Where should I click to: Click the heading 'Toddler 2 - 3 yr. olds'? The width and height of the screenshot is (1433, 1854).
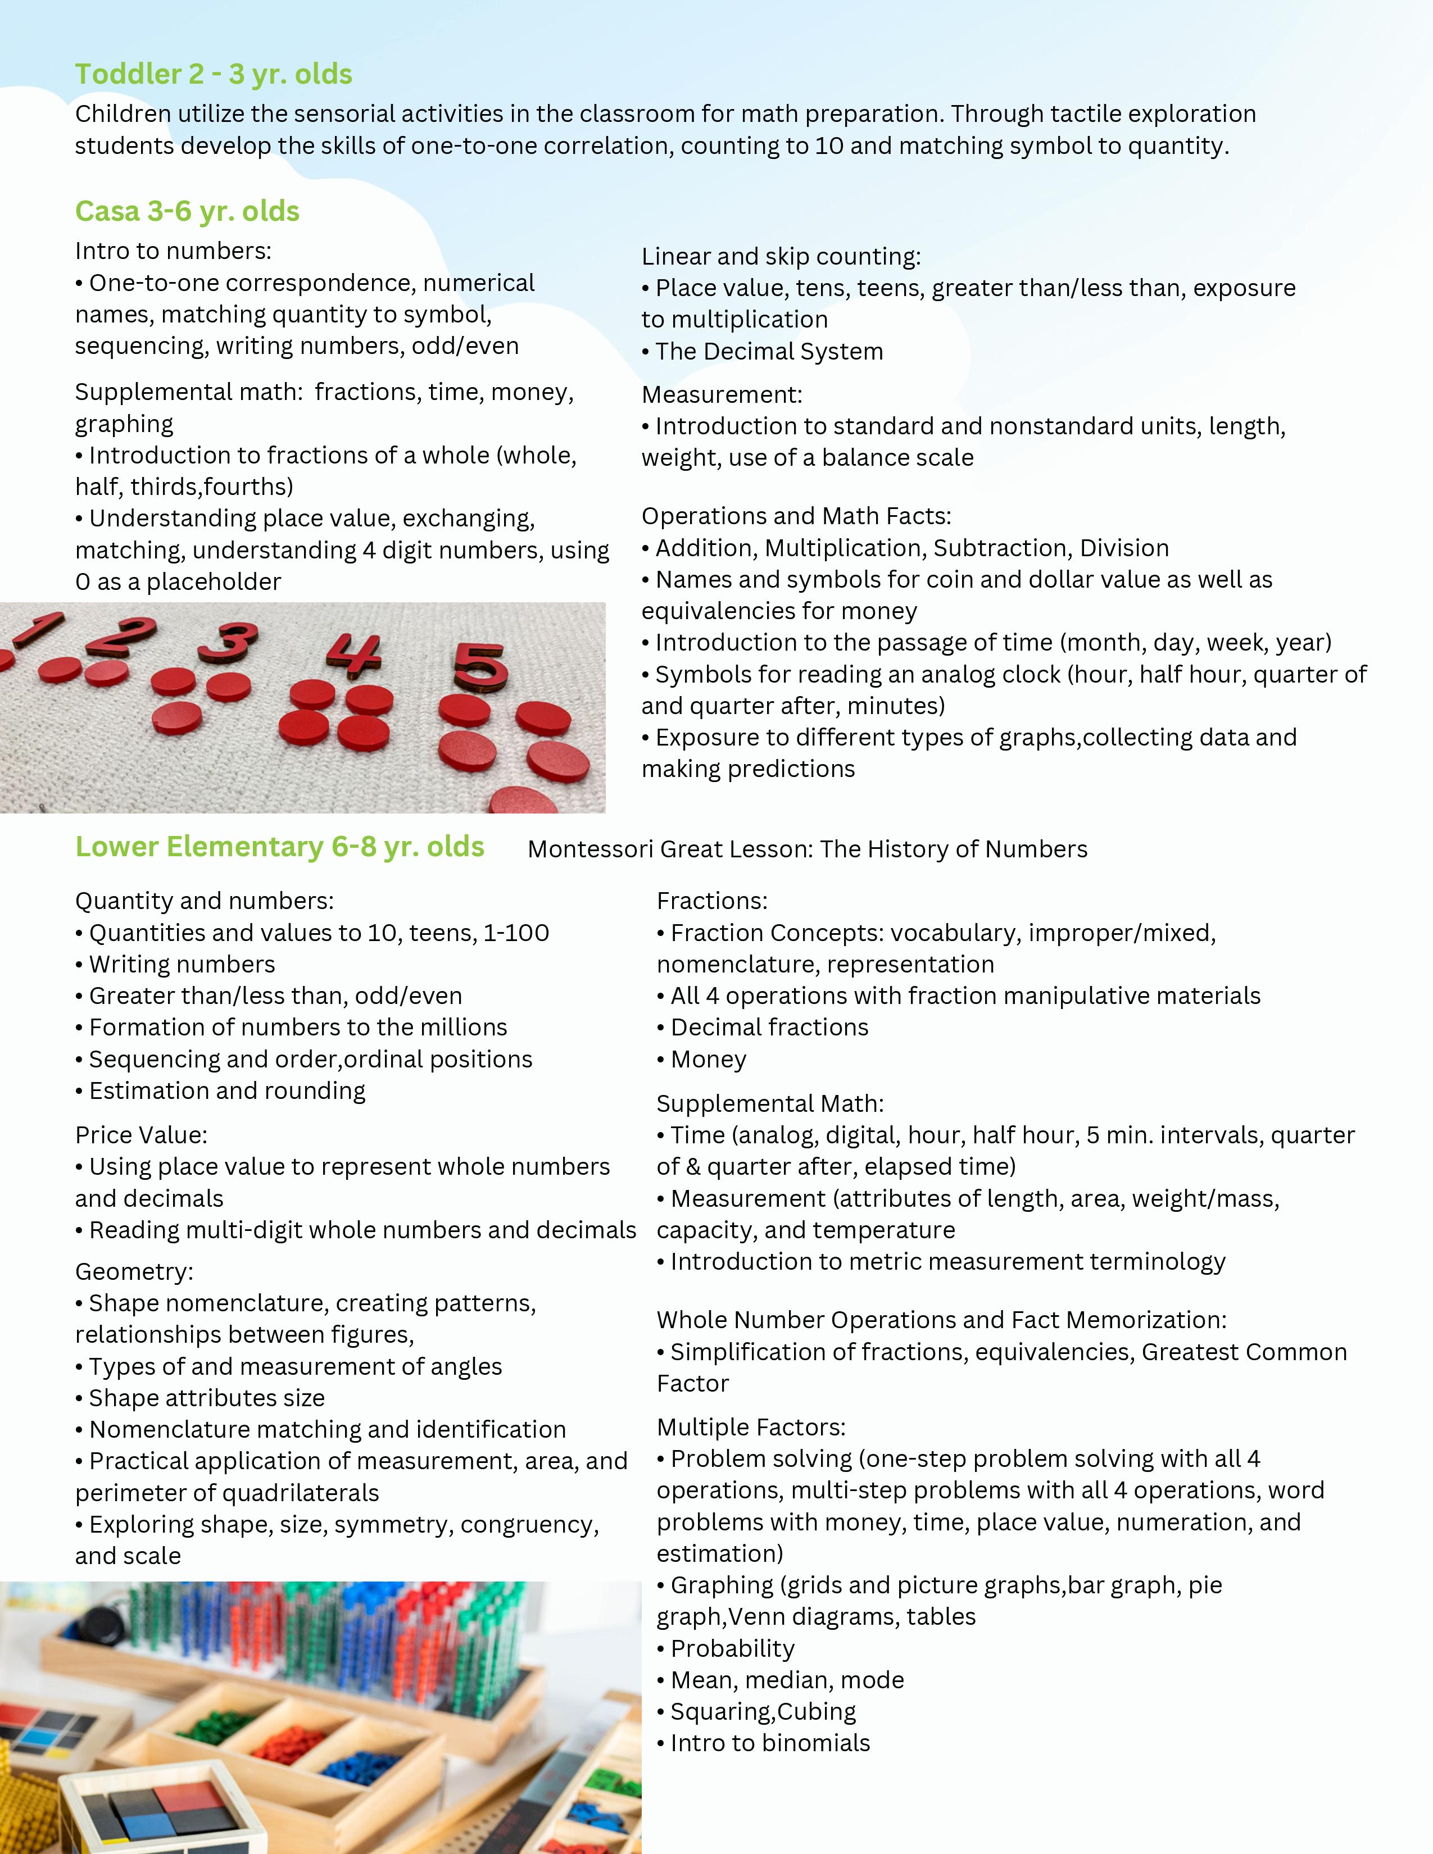click(213, 75)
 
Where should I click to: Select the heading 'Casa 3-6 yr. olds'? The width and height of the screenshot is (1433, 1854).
click(187, 211)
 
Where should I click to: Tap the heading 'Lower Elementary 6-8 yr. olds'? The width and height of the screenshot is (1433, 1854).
click(279, 847)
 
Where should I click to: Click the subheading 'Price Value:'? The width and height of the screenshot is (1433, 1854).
click(141, 1135)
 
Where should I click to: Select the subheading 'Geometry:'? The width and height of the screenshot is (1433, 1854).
click(134, 1271)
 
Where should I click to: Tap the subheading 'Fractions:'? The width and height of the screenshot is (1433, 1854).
click(711, 901)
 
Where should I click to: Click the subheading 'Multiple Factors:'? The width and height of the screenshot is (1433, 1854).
click(750, 1427)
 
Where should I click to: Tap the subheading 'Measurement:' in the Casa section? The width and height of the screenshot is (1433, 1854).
click(722, 395)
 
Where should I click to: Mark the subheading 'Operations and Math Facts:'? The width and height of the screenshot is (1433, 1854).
click(796, 516)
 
